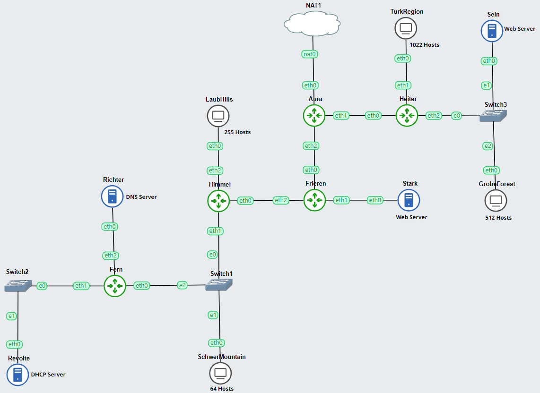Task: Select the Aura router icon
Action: (x=314, y=115)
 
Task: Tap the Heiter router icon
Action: (x=407, y=115)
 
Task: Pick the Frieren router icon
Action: (x=314, y=200)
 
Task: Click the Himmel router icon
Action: (x=218, y=201)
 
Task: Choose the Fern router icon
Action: (x=115, y=285)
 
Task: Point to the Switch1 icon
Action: (x=219, y=284)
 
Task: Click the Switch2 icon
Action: (x=18, y=285)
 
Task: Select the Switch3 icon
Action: (x=493, y=116)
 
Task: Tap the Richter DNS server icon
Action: (x=113, y=196)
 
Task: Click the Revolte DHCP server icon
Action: (x=18, y=375)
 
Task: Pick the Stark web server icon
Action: (x=409, y=200)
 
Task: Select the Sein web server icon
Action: (x=492, y=31)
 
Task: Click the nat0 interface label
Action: (x=310, y=54)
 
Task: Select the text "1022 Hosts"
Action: (x=425, y=45)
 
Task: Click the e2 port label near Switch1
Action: (x=183, y=285)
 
